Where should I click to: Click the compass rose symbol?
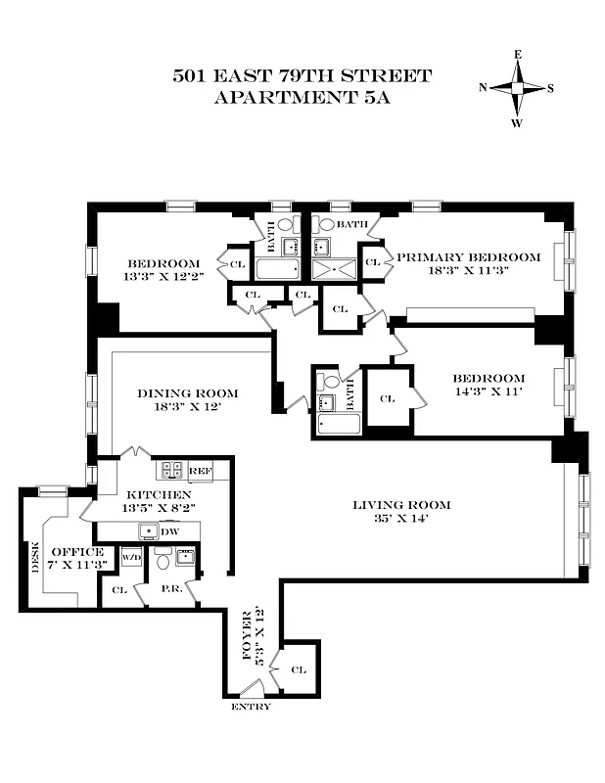tap(516, 87)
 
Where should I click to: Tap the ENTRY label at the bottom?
tap(250, 707)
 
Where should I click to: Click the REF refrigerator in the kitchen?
tap(200, 471)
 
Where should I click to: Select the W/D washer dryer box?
tap(130, 558)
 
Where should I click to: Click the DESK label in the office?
tap(36, 558)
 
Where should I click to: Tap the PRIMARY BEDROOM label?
tap(468, 257)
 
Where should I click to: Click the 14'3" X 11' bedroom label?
tap(488, 385)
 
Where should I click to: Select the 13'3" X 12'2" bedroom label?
tap(163, 270)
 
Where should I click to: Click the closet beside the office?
tap(119, 590)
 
